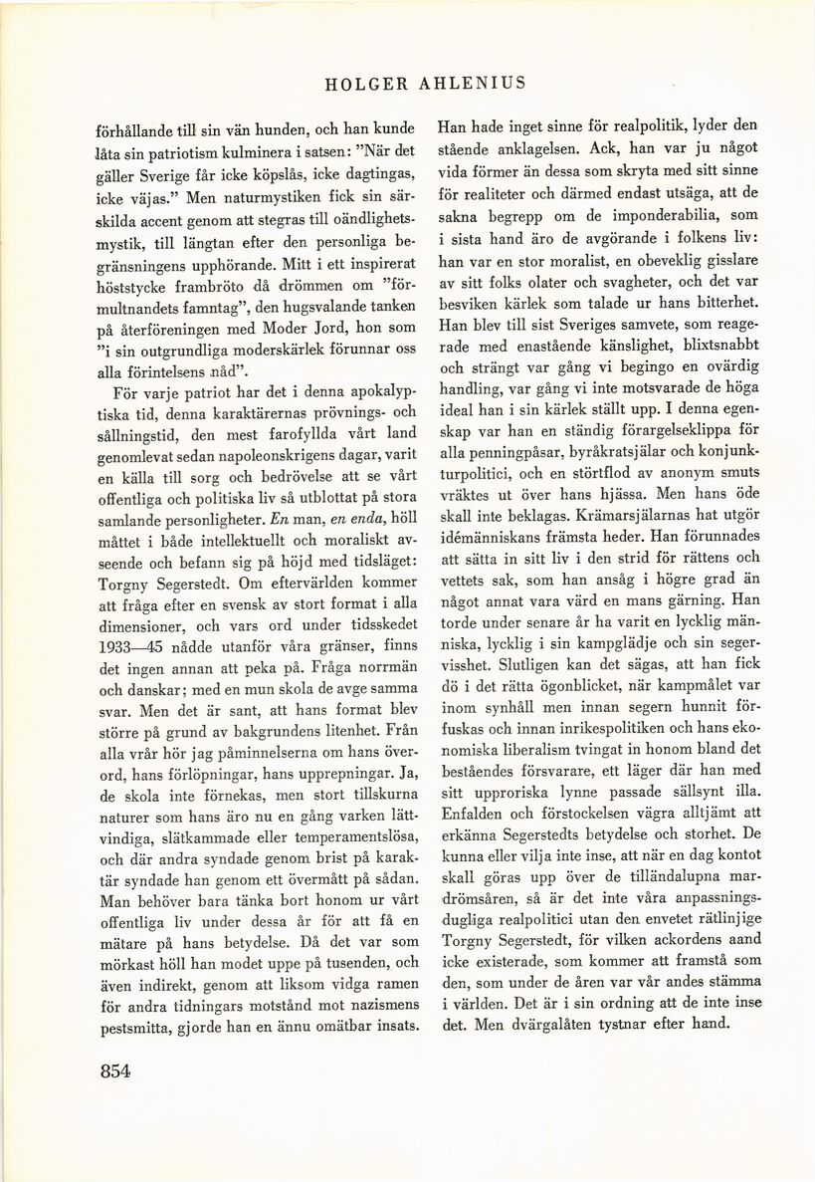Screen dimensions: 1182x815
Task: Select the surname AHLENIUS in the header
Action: pyautogui.click(x=471, y=84)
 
